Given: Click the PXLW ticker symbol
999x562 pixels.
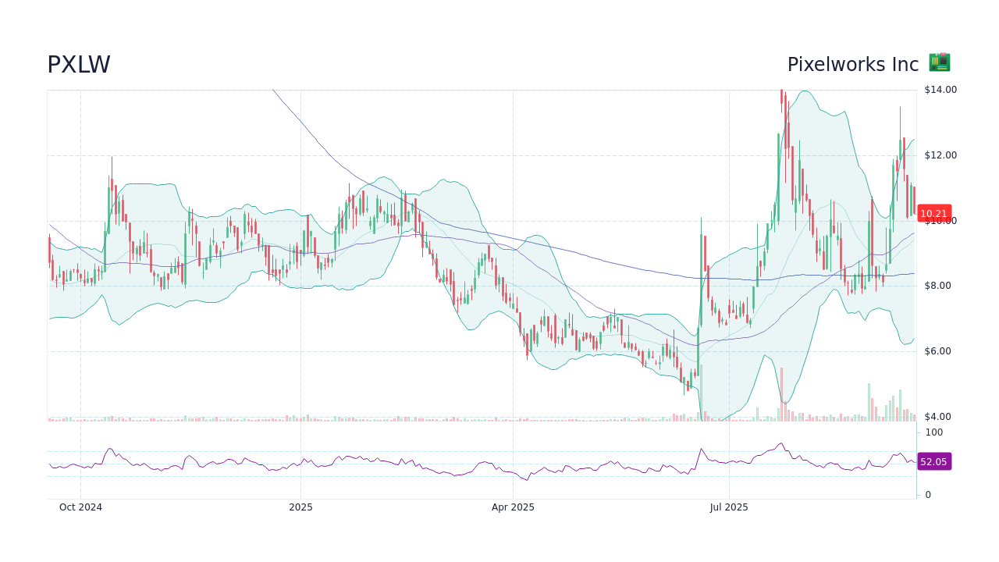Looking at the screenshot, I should [x=79, y=65].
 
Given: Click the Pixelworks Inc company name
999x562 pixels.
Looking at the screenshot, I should [x=852, y=65].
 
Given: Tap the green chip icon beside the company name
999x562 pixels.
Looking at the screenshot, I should [x=939, y=62].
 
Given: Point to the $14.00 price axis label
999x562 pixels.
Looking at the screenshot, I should [x=940, y=90].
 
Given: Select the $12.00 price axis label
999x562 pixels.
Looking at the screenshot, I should [x=940, y=155].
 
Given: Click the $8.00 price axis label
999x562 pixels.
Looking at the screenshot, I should [x=940, y=286].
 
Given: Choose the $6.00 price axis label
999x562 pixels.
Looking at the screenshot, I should [x=940, y=351].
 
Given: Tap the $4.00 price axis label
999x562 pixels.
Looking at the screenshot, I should [x=940, y=417].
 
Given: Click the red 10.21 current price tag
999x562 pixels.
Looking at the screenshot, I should [x=933, y=213].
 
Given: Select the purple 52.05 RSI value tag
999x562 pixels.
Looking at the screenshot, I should [x=933, y=462].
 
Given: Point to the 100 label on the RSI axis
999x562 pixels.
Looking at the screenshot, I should [x=934, y=432].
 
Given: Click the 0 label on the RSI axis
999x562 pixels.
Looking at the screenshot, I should [x=928, y=495].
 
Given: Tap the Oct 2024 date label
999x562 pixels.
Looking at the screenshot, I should [x=80, y=507].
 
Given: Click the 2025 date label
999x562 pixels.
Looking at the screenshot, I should [x=300, y=507].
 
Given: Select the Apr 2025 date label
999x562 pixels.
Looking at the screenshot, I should [x=513, y=507].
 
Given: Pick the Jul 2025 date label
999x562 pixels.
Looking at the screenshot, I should [x=729, y=507].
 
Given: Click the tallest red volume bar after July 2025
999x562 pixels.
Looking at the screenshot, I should [x=781, y=395].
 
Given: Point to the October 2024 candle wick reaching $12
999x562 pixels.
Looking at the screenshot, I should [x=112, y=164].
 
